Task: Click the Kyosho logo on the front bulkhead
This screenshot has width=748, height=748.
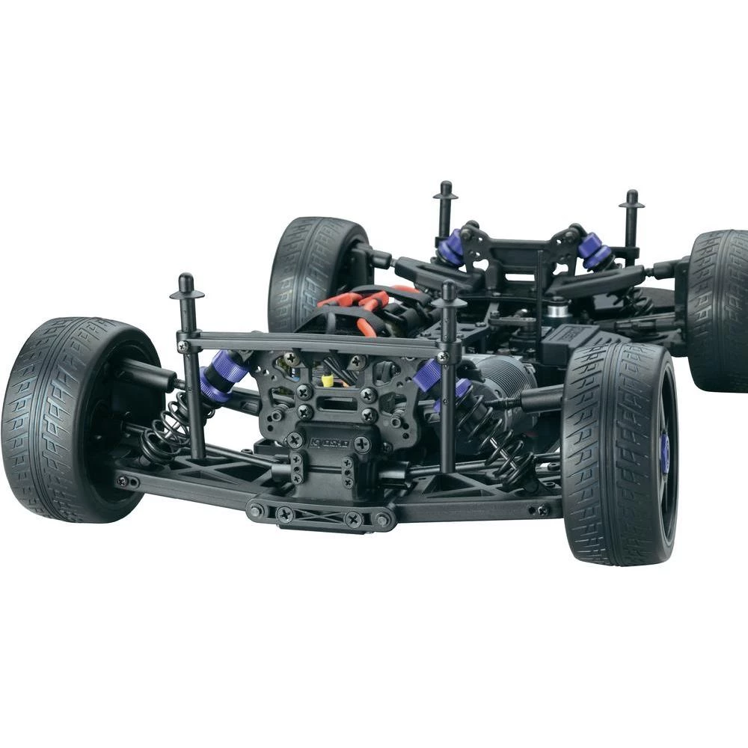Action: (329, 443)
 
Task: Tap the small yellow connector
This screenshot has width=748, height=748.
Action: (328, 380)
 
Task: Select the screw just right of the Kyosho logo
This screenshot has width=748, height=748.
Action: (363, 444)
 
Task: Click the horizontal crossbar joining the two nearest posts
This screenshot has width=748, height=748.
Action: (314, 343)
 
